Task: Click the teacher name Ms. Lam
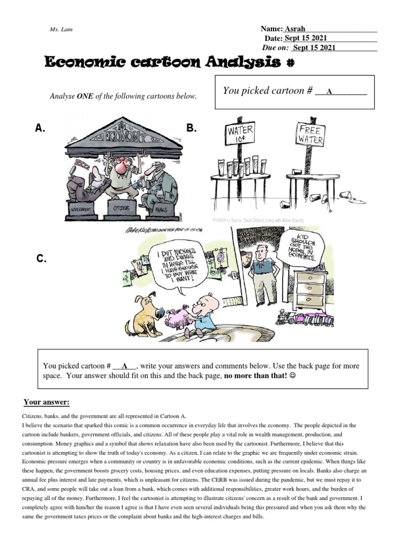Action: (61, 30)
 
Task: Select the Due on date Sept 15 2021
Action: (314, 48)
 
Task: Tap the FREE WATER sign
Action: (311, 135)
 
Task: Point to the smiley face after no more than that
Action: (292, 377)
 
